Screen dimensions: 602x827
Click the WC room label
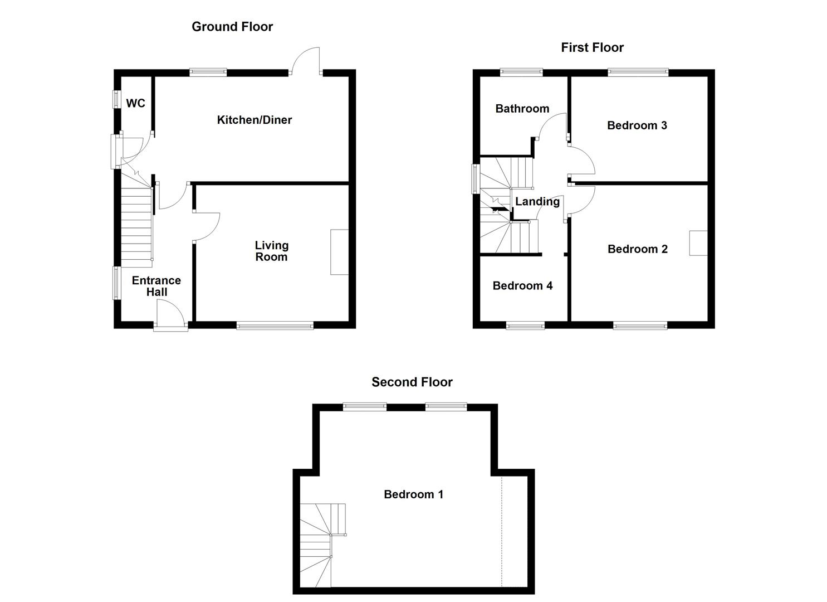(135, 103)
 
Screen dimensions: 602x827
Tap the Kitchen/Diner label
(254, 120)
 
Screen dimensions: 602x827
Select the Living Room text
(271, 251)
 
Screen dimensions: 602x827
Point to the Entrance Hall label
(156, 286)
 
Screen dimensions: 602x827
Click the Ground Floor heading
(232, 27)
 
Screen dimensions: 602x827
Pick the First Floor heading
(592, 47)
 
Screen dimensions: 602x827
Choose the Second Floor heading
(412, 382)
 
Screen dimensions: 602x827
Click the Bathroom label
(522, 109)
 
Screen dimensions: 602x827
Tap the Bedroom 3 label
(637, 125)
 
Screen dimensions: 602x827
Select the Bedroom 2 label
(637, 249)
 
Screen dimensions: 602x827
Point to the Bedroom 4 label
(522, 286)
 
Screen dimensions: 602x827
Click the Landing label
(537, 202)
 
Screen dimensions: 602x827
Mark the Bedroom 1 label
(413, 494)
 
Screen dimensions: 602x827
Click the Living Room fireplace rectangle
(339, 252)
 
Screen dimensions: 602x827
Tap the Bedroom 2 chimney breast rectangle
(698, 243)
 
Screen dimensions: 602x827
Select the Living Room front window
(275, 326)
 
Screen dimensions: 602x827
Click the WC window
(116, 99)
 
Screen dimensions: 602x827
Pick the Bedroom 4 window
(525, 326)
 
